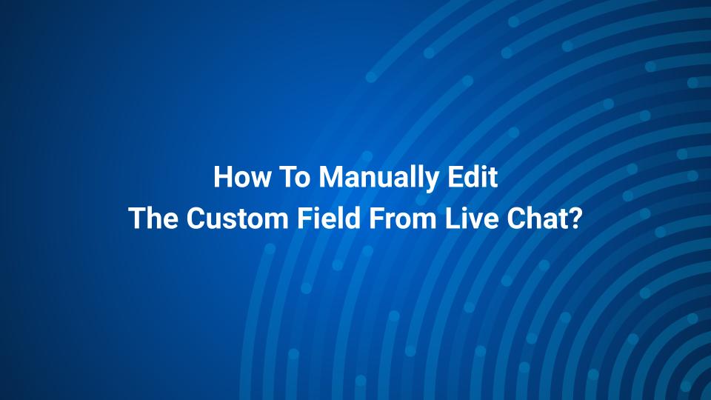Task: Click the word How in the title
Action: click(x=242, y=176)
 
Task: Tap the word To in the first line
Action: click(x=295, y=176)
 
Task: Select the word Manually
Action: click(x=379, y=178)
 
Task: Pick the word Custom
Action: click(x=237, y=218)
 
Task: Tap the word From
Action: click(x=402, y=218)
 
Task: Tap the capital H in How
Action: click(x=222, y=176)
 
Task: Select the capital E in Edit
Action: click(x=455, y=176)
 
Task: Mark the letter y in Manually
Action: click(x=432, y=181)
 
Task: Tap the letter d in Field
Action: click(x=353, y=218)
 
